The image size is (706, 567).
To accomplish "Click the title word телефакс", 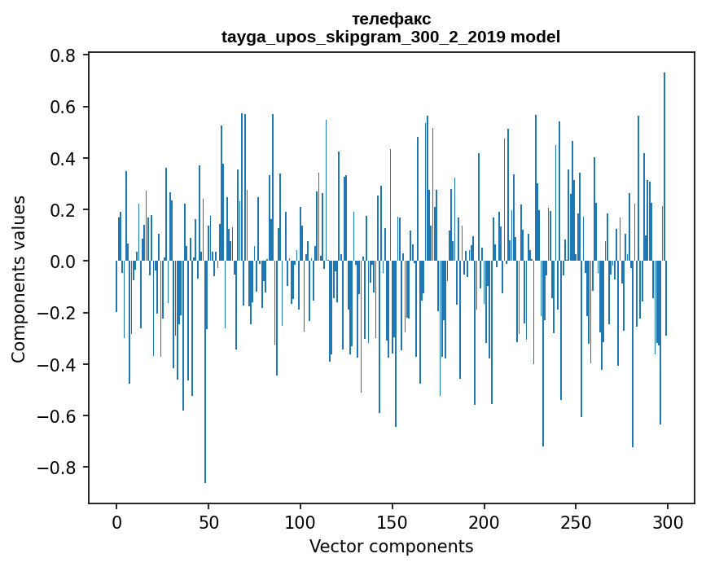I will [391, 19].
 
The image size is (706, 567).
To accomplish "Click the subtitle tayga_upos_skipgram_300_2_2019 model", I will [391, 37].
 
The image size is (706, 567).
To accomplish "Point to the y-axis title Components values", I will [19, 279].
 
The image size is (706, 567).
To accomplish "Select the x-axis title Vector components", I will [391, 546].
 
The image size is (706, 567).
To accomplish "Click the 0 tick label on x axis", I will [116, 521].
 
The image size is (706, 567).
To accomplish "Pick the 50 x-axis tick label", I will [208, 521].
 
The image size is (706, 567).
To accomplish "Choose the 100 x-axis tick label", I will [300, 521].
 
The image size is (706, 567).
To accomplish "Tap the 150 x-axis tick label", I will [392, 521].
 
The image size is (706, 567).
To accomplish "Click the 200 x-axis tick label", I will [485, 521].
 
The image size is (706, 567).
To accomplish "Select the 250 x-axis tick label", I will [577, 521].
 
